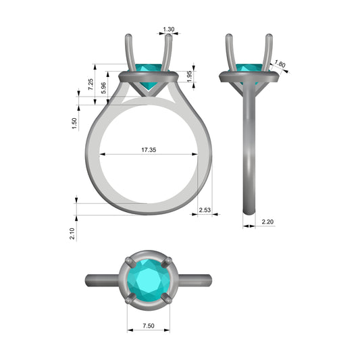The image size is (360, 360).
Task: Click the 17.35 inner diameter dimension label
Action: pos(149,150)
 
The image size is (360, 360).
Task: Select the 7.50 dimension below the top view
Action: pos(149,326)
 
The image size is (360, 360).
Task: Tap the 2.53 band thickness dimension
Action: pos(205,210)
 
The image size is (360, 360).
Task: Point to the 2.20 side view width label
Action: pos(267,222)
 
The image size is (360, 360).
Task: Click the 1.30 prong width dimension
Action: pos(169,30)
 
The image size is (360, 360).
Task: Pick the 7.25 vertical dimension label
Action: pos(91,84)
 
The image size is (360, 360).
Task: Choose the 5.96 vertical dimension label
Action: pos(103,88)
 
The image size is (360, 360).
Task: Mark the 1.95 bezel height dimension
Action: pos(189,76)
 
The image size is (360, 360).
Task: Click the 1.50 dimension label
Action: pos(74,124)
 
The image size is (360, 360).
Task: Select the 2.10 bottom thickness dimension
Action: pos(72,234)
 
